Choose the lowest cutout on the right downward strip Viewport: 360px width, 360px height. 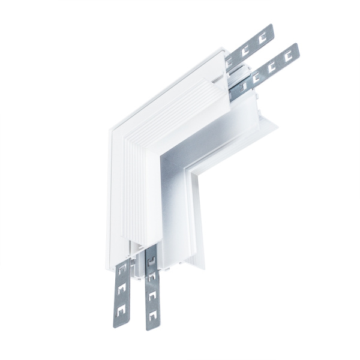152,313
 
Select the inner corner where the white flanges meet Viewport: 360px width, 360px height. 192,170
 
